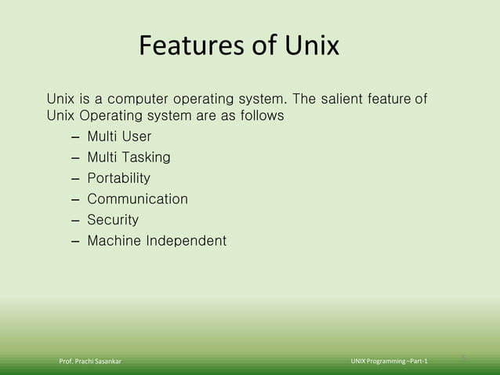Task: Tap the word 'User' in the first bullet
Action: tap(135, 138)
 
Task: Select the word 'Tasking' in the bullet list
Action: tap(144, 158)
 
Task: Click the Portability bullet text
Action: tap(118, 179)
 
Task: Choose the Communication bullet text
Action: tap(137, 199)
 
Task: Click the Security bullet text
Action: tap(112, 220)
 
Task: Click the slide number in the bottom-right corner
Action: tap(464, 358)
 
